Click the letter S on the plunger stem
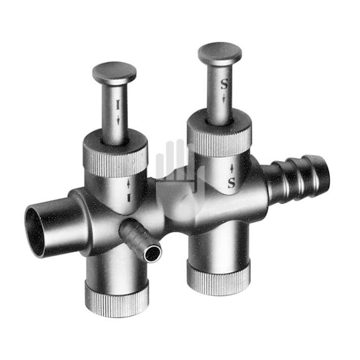(224, 84)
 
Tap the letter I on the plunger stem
(118, 105)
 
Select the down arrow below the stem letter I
(118, 119)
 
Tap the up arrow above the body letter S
(232, 169)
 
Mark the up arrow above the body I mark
(128, 184)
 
